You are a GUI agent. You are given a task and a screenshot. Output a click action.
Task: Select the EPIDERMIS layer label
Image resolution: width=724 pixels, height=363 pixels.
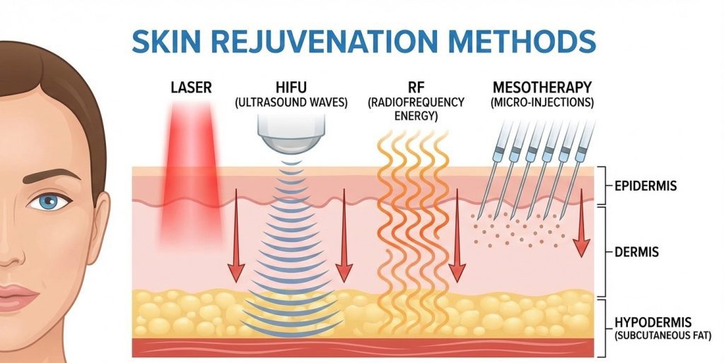tap(646, 186)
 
